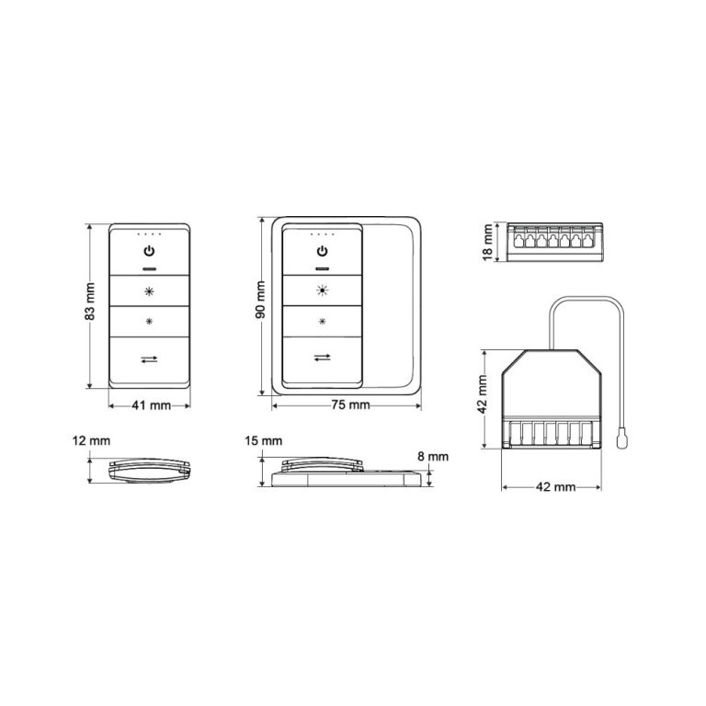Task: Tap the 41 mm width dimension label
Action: (x=151, y=404)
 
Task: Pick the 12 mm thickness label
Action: (x=91, y=442)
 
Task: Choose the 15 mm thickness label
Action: (x=265, y=442)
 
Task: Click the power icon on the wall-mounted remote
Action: (x=322, y=251)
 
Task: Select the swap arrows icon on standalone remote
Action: (x=150, y=359)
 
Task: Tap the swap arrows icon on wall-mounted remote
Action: (x=322, y=358)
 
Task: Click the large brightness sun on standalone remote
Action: (x=150, y=291)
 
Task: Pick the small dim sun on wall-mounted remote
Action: (x=322, y=323)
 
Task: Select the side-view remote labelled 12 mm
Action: (x=150, y=470)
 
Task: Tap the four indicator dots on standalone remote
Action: (x=150, y=233)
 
